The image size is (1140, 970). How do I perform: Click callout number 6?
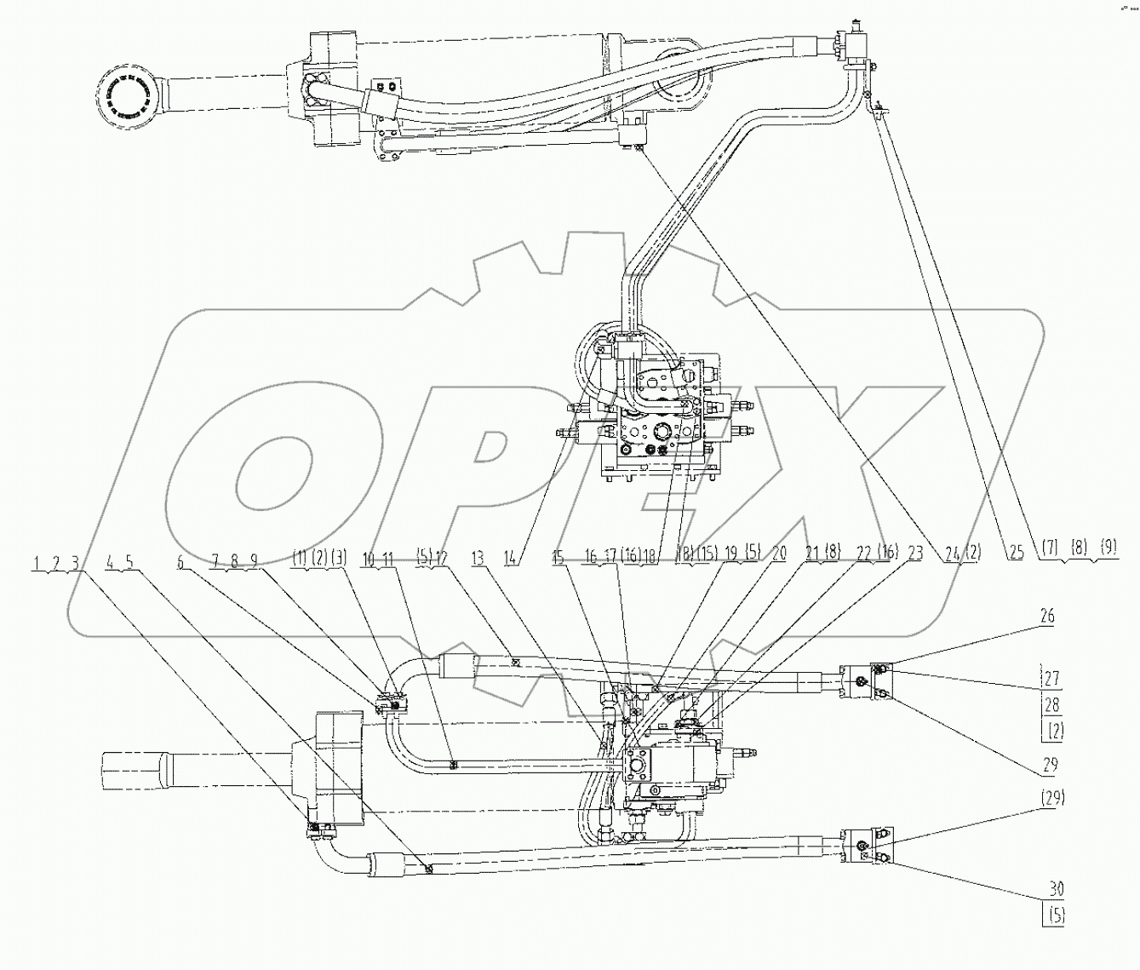pos(180,560)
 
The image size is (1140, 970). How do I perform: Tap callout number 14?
pos(511,559)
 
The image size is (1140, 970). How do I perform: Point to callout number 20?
pos(779,554)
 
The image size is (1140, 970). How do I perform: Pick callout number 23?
pos(915,554)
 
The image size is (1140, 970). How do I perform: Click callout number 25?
pos(1016,554)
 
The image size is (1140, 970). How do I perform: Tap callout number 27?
pos(1054,680)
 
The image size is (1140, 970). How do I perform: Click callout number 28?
pos(1054,705)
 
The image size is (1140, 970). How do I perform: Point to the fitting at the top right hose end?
pos(852,43)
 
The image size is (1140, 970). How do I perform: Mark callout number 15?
pos(558,559)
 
